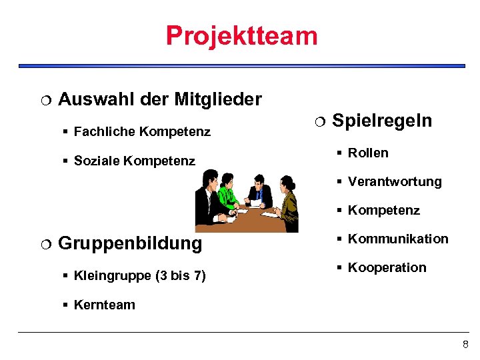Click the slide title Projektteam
pos(241,35)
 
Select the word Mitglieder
pos(218,100)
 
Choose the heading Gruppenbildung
pos(130,243)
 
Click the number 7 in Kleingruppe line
pos(198,275)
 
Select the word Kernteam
pos(105,305)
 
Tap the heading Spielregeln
pos(382,121)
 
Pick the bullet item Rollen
pos(368,153)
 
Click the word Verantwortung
pos(395,181)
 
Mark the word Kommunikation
pos(398,239)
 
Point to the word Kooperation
pos(387,267)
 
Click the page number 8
pos(465,344)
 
